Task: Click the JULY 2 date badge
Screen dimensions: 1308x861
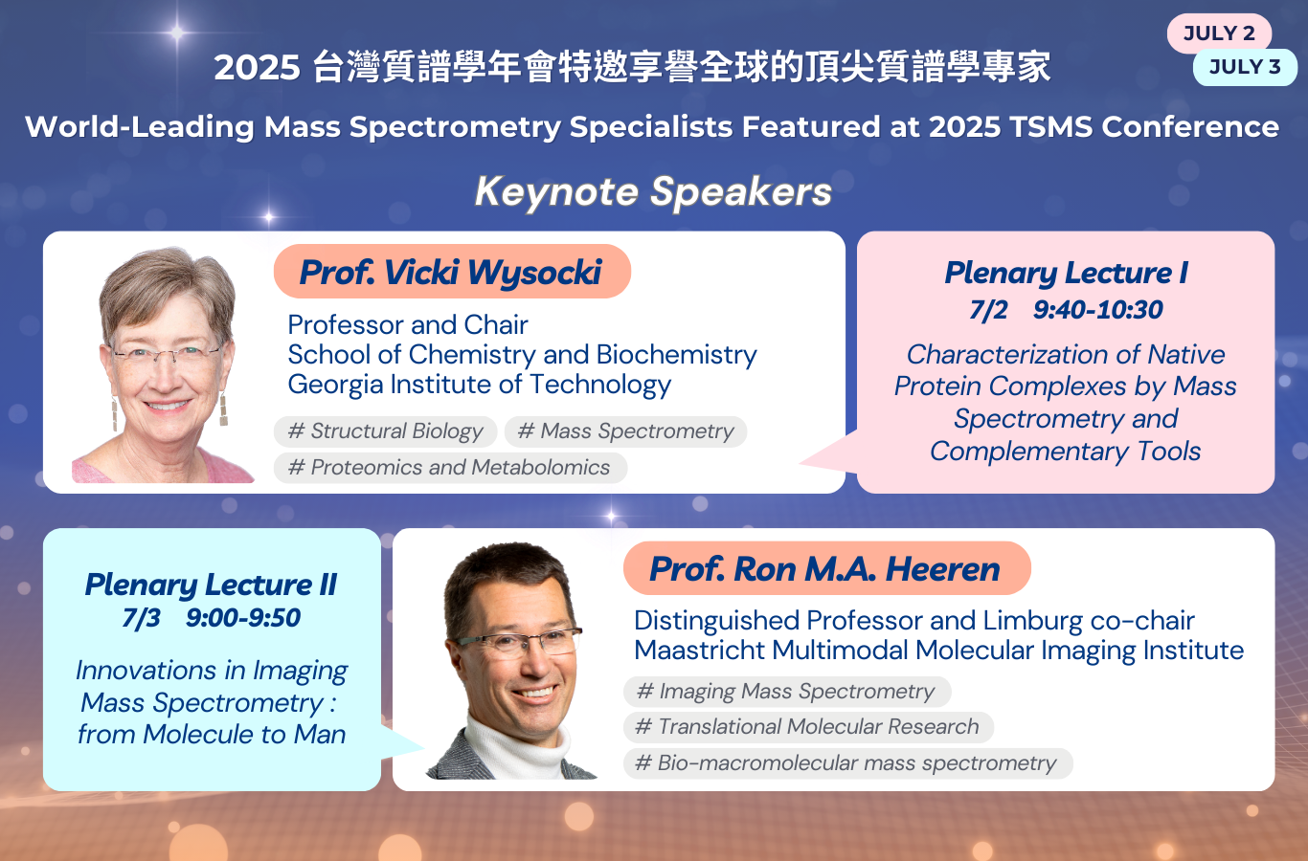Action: pos(1219,33)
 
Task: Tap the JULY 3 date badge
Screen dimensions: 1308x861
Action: pos(1245,67)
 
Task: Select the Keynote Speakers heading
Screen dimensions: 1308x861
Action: pos(653,192)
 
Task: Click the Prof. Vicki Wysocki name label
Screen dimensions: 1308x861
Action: pos(452,272)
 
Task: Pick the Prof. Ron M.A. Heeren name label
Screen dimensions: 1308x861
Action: pos(827,569)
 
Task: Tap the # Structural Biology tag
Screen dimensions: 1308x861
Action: pos(385,431)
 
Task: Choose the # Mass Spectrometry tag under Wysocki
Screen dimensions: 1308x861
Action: pos(626,431)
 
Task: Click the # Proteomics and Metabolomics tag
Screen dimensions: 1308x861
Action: pos(450,468)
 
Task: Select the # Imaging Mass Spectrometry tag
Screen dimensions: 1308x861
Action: pos(787,692)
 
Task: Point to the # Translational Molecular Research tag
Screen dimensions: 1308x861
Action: pos(809,727)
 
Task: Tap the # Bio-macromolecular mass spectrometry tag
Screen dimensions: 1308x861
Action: pos(847,763)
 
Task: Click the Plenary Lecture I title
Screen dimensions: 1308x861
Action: pos(1067,273)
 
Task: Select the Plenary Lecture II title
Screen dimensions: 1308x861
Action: pos(211,585)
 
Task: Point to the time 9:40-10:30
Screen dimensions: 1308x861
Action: pos(1097,310)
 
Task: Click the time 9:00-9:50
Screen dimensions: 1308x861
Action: pos(243,618)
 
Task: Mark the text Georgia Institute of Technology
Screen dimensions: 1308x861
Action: pos(480,385)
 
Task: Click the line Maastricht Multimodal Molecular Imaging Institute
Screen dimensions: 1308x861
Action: pos(939,651)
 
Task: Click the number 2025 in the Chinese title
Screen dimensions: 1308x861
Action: pos(257,68)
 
